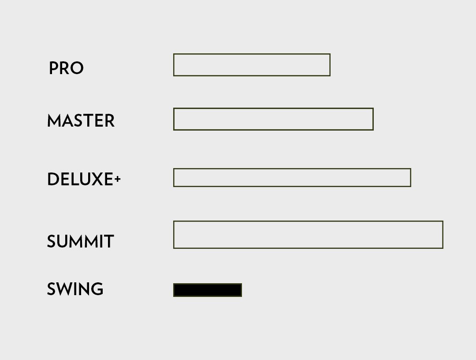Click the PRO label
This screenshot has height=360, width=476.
(66, 68)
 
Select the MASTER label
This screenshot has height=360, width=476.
(81, 120)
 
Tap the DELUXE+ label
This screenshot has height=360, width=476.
(84, 179)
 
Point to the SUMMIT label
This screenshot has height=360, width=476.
(81, 241)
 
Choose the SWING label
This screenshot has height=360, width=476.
(75, 289)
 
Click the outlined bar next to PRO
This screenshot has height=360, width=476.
(252, 54)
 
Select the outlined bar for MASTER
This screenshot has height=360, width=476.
(273, 109)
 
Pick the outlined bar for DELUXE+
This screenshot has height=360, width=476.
(292, 169)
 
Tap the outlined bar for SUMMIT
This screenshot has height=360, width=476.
(308, 221)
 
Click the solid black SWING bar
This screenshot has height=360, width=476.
(208, 290)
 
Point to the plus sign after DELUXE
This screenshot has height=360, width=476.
(118, 179)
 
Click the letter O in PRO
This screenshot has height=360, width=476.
(77, 68)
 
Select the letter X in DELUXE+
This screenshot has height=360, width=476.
(97, 179)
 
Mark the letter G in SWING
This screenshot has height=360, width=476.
(97, 289)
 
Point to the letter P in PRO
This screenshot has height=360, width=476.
(53, 68)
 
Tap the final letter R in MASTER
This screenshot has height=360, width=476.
(110, 120)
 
